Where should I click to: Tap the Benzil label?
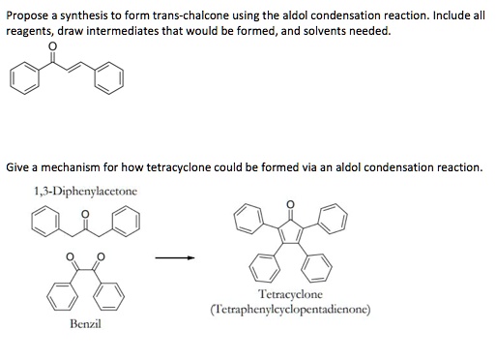pos(85,323)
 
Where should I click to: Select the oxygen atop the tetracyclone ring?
pos(289,205)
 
